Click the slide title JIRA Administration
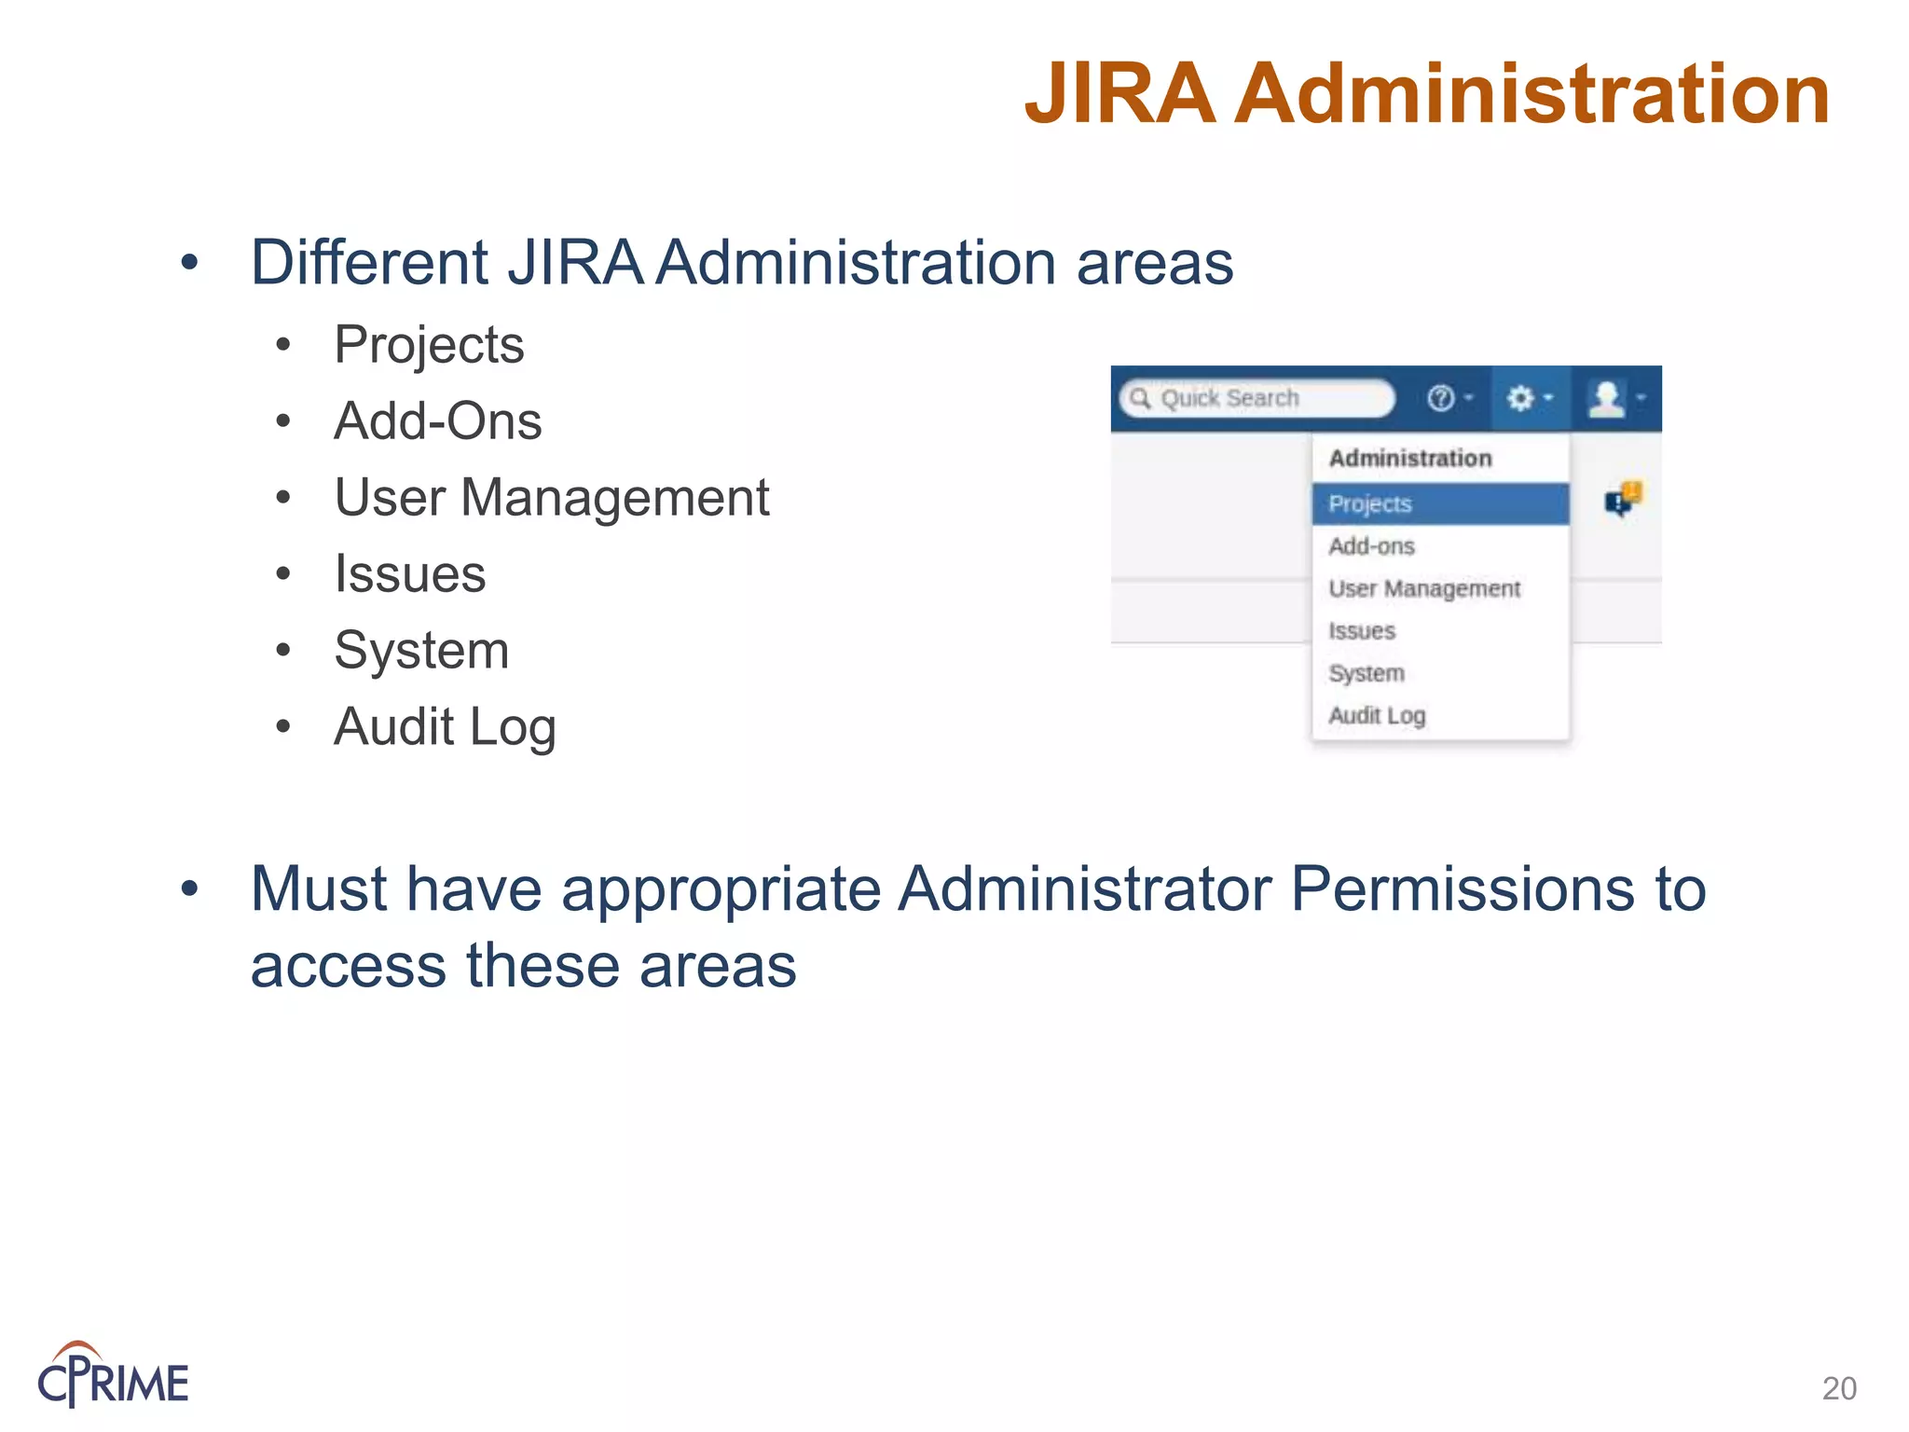pyautogui.click(x=1426, y=93)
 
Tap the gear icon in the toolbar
pyautogui.click(x=1521, y=398)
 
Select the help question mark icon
pyautogui.click(x=1441, y=398)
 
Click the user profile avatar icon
pyautogui.click(x=1606, y=398)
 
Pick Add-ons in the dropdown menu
pyautogui.click(x=1371, y=546)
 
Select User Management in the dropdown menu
pyautogui.click(x=1424, y=588)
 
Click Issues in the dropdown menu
pyautogui.click(x=1362, y=631)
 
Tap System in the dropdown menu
pyautogui.click(x=1367, y=673)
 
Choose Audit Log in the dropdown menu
pyautogui.click(x=1377, y=715)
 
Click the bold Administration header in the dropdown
pyautogui.click(x=1410, y=458)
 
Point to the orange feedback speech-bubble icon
pyautogui.click(x=1624, y=499)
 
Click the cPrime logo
pyautogui.click(x=113, y=1376)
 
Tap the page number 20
pyautogui.click(x=1839, y=1388)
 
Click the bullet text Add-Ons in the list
pyautogui.click(x=438, y=420)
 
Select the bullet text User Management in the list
pyautogui.click(x=552, y=497)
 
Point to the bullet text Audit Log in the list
pyautogui.click(x=445, y=726)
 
